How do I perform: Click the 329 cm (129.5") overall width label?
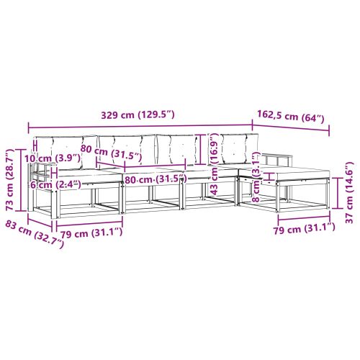click(138, 114)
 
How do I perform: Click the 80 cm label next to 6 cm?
click(154, 179)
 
